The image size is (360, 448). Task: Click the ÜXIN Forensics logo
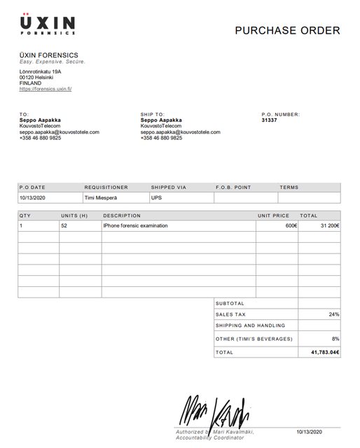(48, 24)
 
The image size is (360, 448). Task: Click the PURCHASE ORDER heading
(287, 30)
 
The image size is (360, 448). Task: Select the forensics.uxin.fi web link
(46, 89)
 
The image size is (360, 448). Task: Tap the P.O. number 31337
(269, 120)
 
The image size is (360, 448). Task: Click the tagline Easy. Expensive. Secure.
(52, 62)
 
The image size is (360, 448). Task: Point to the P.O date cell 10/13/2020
(32, 198)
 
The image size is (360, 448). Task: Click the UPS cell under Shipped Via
(156, 198)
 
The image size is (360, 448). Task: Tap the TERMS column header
(289, 188)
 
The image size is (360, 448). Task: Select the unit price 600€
(291, 226)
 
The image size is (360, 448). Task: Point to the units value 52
(64, 226)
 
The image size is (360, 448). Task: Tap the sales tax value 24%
(333, 315)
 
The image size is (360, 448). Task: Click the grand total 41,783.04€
(324, 352)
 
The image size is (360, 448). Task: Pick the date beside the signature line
(308, 431)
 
